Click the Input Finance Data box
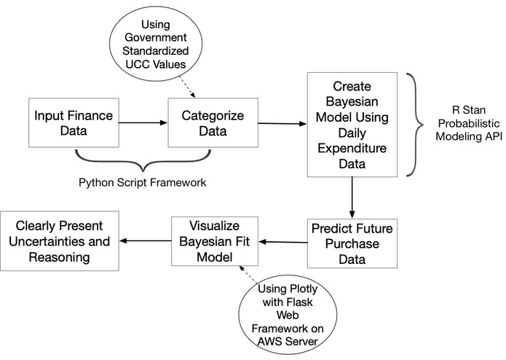pyautogui.click(x=74, y=122)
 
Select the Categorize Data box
pyautogui.click(x=213, y=122)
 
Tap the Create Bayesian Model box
pyautogui.click(x=352, y=125)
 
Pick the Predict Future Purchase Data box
pyautogui.click(x=352, y=243)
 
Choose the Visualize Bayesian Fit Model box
pyautogui.click(x=215, y=241)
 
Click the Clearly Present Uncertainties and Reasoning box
pyautogui.click(x=60, y=241)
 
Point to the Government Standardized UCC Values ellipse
pyautogui.click(x=156, y=44)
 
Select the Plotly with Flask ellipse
pyautogui.click(x=288, y=314)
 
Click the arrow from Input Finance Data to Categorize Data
pyautogui.click(x=143, y=122)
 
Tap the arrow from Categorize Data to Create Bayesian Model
pyautogui.click(x=282, y=123)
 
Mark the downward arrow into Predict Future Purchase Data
pyautogui.click(x=352, y=197)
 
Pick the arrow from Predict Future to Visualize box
pyautogui.click(x=282, y=242)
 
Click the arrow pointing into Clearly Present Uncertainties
pyautogui.click(x=145, y=241)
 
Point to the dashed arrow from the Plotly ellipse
pyautogui.click(x=247, y=274)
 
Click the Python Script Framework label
pyautogui.click(x=142, y=182)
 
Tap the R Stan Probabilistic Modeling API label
pyautogui.click(x=469, y=123)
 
